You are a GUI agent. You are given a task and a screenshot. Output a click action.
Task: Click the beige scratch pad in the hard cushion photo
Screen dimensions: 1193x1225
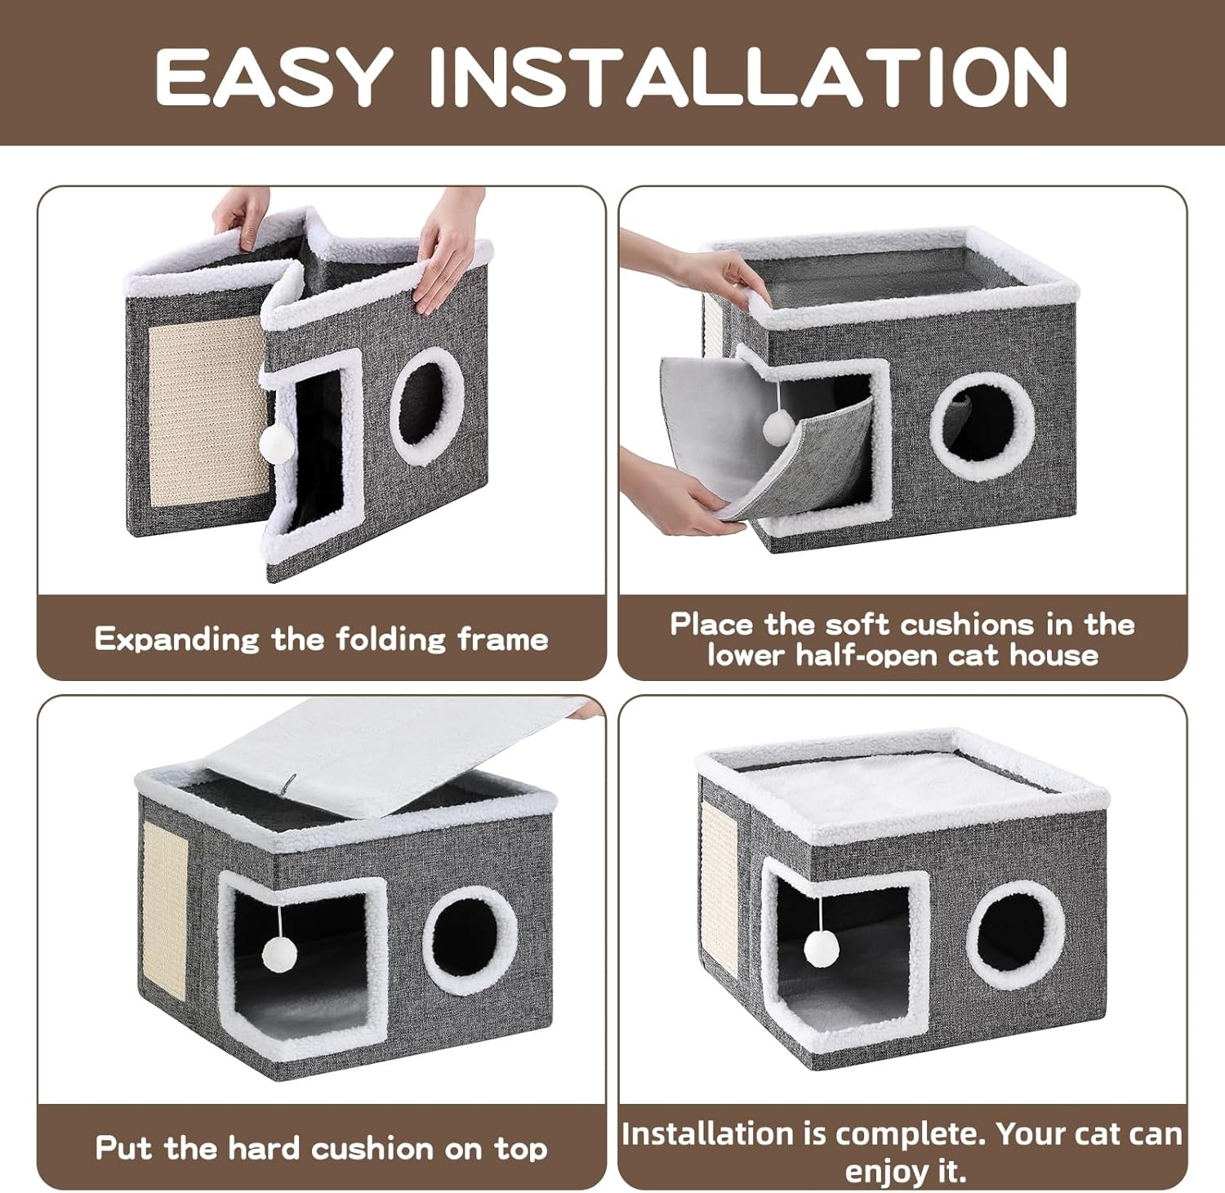coord(166,902)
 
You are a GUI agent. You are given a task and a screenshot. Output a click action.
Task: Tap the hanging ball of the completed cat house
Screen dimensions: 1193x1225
coord(819,948)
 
